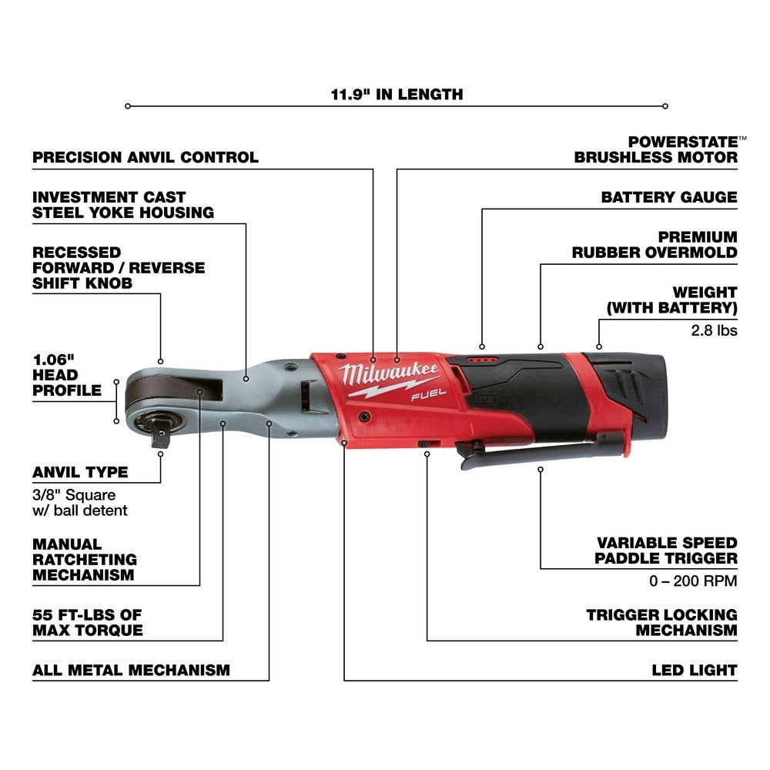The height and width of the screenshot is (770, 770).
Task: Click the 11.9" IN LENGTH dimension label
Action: [x=397, y=95]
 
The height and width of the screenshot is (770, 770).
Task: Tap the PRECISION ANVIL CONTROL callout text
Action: [x=146, y=157]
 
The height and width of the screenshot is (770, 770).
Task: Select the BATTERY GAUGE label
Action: [x=669, y=197]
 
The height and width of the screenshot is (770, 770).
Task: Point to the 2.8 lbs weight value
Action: [x=715, y=330]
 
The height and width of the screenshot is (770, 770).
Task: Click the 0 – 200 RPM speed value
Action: [x=693, y=581]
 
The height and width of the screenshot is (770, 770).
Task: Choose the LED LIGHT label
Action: [x=694, y=670]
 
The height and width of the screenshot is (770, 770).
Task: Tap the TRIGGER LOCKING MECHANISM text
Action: [x=661, y=622]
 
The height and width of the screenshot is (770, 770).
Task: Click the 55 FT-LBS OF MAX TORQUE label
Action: [x=88, y=622]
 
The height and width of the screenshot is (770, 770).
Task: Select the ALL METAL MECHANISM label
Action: [x=131, y=670]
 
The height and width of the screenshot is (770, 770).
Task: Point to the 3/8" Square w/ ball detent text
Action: [x=80, y=503]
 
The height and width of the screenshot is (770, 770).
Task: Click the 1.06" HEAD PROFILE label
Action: [x=67, y=375]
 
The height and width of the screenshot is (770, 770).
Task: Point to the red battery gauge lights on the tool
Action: [x=482, y=359]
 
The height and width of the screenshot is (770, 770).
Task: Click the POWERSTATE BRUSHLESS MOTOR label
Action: [x=656, y=149]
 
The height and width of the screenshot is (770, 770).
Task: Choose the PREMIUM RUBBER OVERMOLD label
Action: [x=654, y=244]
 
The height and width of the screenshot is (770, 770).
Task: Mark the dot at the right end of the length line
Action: [x=665, y=106]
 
